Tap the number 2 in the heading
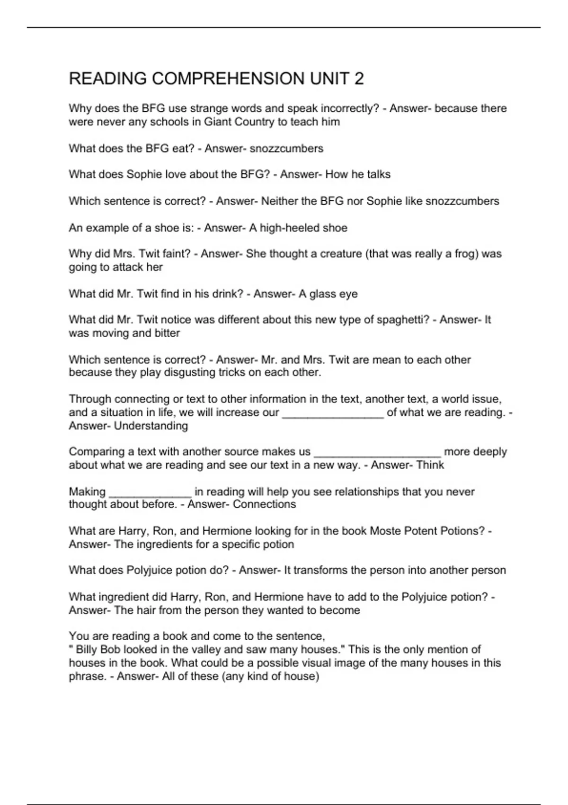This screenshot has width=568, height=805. pos(359,79)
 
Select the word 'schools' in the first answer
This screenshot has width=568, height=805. pos(175,122)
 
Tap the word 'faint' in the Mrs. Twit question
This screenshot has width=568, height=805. pos(176,254)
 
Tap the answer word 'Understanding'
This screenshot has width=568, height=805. pos(151,426)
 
